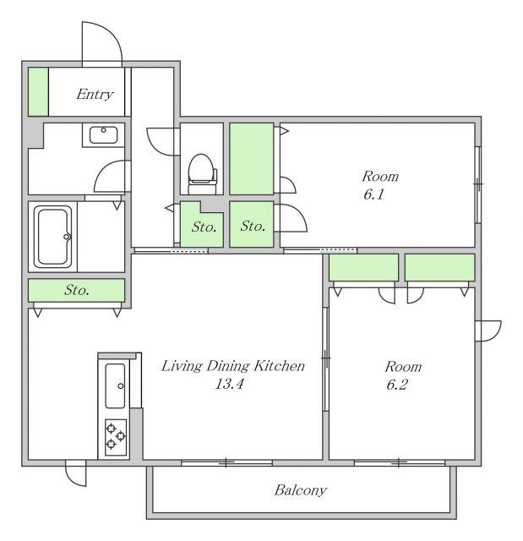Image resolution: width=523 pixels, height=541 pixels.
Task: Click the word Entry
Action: click(x=95, y=94)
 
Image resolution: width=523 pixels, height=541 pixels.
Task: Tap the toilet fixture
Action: click(x=203, y=173)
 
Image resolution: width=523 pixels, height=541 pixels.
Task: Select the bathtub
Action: click(x=52, y=237)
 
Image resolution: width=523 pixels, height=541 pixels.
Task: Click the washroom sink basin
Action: click(x=103, y=135)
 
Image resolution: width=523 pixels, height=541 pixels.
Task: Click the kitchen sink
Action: click(x=115, y=385)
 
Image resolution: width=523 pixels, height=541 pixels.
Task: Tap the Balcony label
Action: click(x=301, y=490)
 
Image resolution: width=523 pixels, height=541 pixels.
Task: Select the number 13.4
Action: click(x=229, y=384)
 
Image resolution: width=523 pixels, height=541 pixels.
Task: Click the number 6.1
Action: click(x=373, y=194)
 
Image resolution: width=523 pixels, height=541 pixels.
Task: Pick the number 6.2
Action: click(x=397, y=385)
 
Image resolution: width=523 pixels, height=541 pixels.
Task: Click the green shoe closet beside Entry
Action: click(x=38, y=92)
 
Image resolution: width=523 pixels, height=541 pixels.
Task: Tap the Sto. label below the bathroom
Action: click(x=77, y=290)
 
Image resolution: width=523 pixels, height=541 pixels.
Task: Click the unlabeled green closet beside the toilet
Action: click(x=252, y=159)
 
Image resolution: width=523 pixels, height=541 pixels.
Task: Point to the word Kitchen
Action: click(x=280, y=366)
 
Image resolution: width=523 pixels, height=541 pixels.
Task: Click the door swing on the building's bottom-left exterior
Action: click(x=76, y=473)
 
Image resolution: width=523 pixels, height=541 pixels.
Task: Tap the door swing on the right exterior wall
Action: click(x=488, y=331)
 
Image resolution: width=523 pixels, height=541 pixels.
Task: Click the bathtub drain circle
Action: click(x=67, y=237)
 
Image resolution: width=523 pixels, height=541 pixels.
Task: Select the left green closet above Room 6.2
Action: click(x=363, y=267)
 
